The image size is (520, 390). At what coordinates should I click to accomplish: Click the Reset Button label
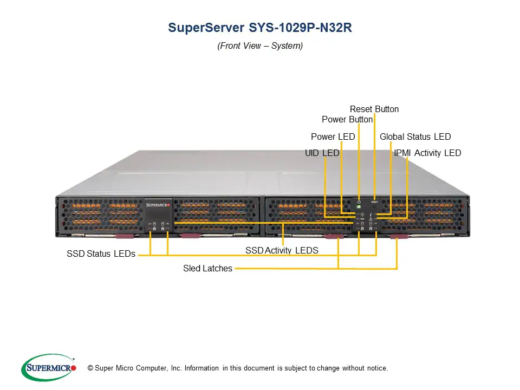pyautogui.click(x=374, y=109)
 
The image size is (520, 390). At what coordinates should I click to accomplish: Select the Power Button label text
pyautogui.click(x=347, y=119)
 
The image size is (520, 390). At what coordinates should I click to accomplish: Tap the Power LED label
pyautogui.click(x=333, y=137)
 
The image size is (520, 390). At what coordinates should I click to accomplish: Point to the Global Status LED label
pyautogui.click(x=415, y=137)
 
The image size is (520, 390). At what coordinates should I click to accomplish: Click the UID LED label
pyautogui.click(x=322, y=153)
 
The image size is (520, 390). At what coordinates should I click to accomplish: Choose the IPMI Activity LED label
pyautogui.click(x=428, y=153)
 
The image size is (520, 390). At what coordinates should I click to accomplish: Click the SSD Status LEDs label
pyautogui.click(x=101, y=254)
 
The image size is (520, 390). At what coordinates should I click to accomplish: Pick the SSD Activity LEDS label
pyautogui.click(x=282, y=251)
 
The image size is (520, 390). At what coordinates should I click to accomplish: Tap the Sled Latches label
pyautogui.click(x=207, y=268)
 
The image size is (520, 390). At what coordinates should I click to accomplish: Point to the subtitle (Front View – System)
pyautogui.click(x=260, y=46)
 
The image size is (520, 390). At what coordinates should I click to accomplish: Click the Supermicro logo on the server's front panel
pyautogui.click(x=158, y=205)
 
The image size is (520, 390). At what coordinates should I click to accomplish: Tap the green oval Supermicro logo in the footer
pyautogui.click(x=49, y=368)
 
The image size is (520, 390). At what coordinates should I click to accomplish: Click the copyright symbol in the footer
pyautogui.click(x=90, y=368)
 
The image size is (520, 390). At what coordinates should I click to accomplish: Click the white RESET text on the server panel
pyautogui.click(x=374, y=201)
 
